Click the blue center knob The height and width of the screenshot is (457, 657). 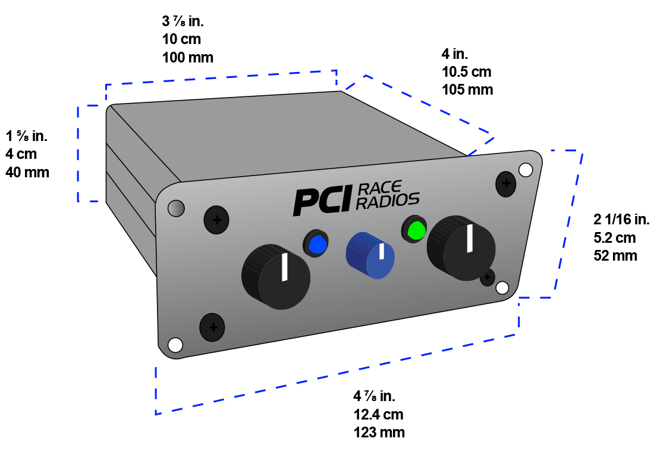tap(370, 256)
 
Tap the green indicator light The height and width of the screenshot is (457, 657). tap(416, 229)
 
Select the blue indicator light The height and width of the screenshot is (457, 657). tap(316, 244)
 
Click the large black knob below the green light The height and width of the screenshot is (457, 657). tap(461, 249)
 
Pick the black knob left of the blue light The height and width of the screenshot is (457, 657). tap(276, 276)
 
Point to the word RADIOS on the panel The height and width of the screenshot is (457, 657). tap(389, 201)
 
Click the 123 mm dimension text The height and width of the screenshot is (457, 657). tap(379, 433)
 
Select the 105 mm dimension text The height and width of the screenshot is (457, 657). tap(467, 90)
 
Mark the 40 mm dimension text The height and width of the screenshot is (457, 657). tap(27, 173)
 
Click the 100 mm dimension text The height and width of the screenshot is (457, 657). tap(187, 58)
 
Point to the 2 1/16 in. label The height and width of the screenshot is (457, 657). tap(621, 220)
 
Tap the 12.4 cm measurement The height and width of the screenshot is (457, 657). tap(379, 414)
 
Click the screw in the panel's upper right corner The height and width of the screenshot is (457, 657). tap(505, 184)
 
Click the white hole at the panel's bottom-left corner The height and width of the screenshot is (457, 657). tap(175, 345)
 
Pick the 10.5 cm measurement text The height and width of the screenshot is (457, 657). tap(467, 72)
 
